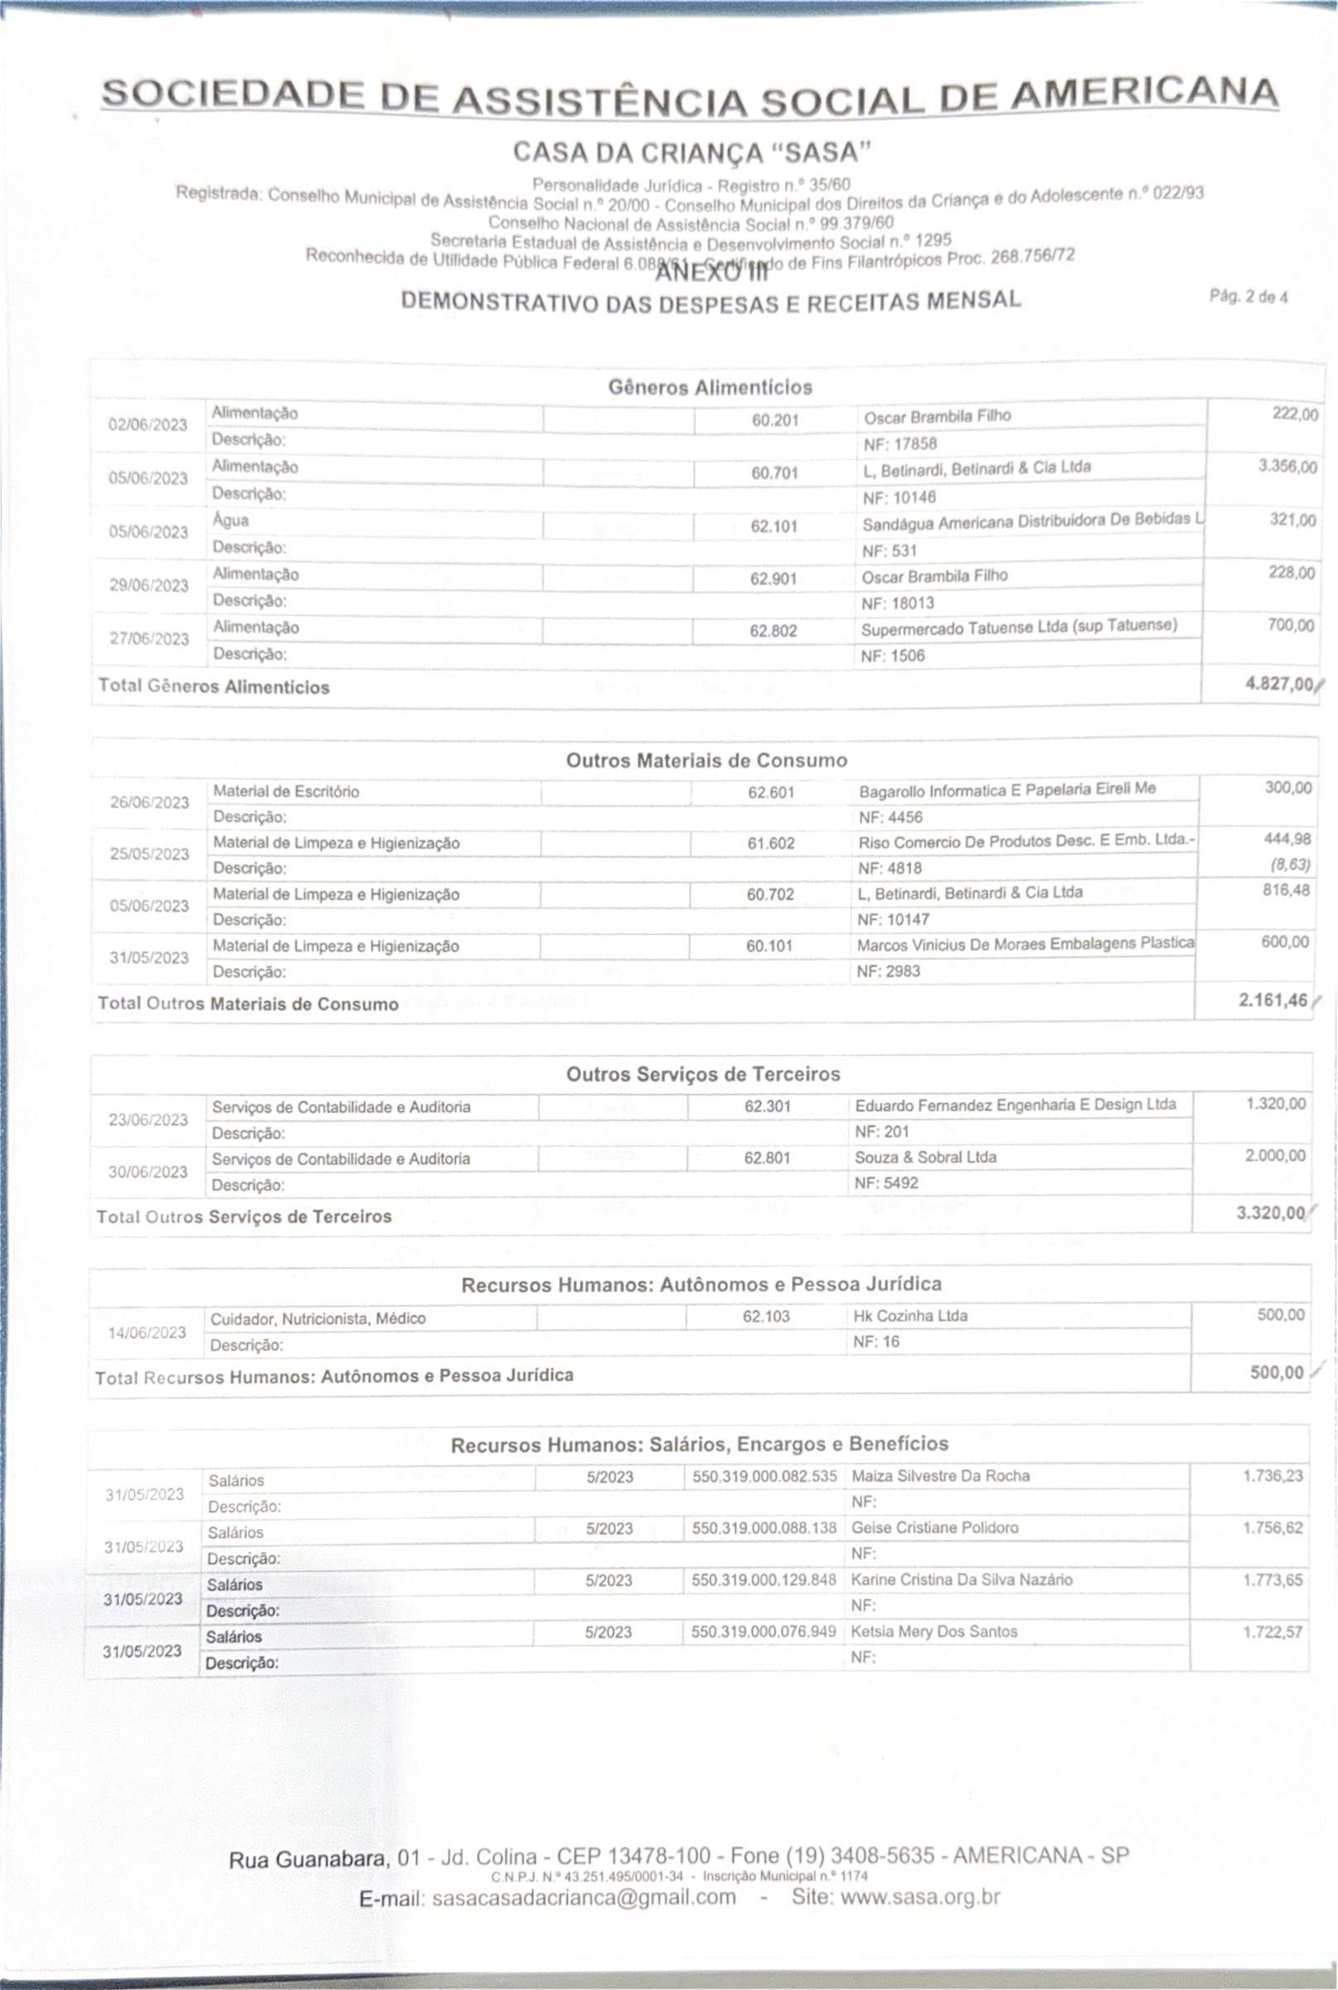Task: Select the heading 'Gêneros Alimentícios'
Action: pyautogui.click(x=710, y=387)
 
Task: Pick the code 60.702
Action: pyautogui.click(x=771, y=894)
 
